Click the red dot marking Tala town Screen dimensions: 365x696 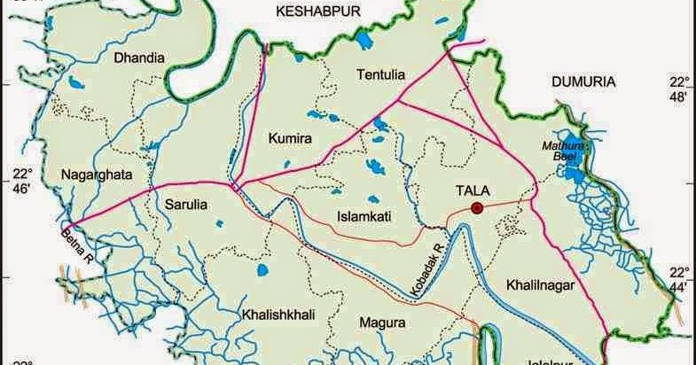point(477,208)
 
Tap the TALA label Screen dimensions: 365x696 point(472,189)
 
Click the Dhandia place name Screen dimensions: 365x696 point(139,58)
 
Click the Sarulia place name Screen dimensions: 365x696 point(186,205)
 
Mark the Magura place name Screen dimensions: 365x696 point(382,322)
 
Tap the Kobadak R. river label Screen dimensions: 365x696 point(427,263)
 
